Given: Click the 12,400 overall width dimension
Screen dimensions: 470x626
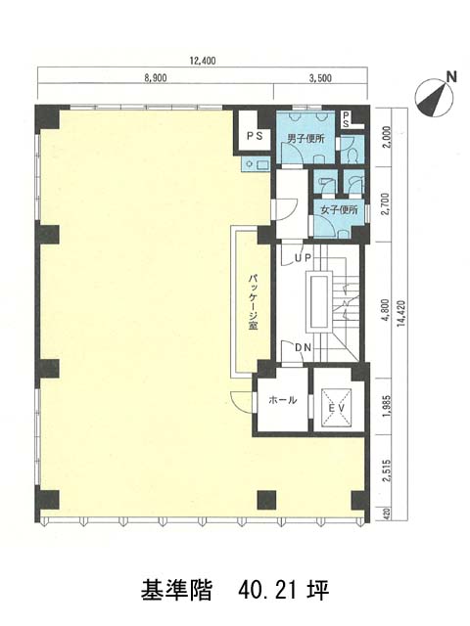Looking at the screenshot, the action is (x=203, y=61).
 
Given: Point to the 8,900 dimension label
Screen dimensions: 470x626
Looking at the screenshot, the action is (x=156, y=78).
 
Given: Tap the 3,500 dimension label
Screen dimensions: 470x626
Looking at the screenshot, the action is (x=320, y=78).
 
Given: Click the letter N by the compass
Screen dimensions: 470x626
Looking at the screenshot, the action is (x=451, y=76).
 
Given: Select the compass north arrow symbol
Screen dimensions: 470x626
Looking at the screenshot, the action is (x=434, y=98).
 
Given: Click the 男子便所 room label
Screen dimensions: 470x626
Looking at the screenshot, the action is (x=306, y=139).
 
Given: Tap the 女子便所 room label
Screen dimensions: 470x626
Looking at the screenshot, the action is (x=340, y=210).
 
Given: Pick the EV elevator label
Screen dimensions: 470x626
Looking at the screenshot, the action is (x=337, y=408).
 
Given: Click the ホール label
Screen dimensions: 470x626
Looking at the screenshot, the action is (x=283, y=400).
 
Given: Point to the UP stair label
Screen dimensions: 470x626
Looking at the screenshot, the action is (x=303, y=258).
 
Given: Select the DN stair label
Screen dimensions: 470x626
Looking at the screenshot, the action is (x=303, y=347).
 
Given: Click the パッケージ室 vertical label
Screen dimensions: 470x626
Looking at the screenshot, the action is (x=253, y=302).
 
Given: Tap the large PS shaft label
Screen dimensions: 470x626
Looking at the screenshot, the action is (x=255, y=136).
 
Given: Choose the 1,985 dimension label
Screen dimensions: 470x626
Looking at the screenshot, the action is (x=386, y=407).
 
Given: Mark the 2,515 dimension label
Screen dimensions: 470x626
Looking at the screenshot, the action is (x=386, y=471).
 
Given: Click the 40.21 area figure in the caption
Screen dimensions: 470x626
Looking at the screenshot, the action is (x=267, y=591).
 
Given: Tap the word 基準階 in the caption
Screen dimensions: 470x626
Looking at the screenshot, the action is (x=176, y=591).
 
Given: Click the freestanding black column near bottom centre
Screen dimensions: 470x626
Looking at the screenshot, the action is (x=267, y=500).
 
